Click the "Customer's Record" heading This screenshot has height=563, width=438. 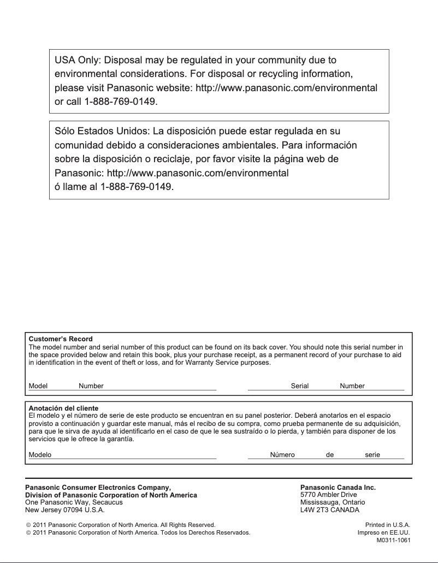click(x=61, y=339)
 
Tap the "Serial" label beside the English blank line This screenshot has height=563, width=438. click(x=300, y=386)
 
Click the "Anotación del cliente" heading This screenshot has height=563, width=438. click(x=63, y=408)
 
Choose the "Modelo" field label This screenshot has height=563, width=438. click(x=40, y=455)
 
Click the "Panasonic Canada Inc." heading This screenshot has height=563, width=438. click(x=338, y=488)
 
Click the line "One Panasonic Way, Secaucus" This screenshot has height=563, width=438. click(x=74, y=502)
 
